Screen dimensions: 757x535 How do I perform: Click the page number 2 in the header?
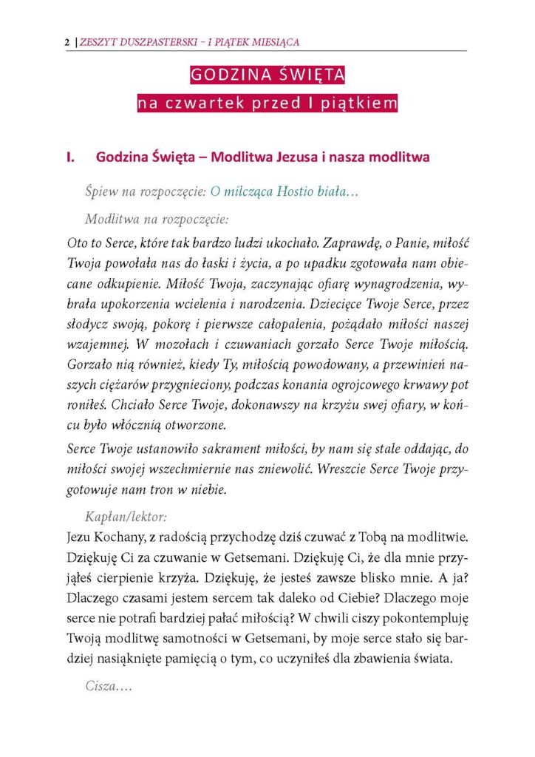tap(67, 42)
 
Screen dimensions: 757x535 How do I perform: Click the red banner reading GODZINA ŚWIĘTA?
tap(267, 75)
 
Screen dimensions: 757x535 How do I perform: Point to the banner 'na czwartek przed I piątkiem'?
tap(267, 103)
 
